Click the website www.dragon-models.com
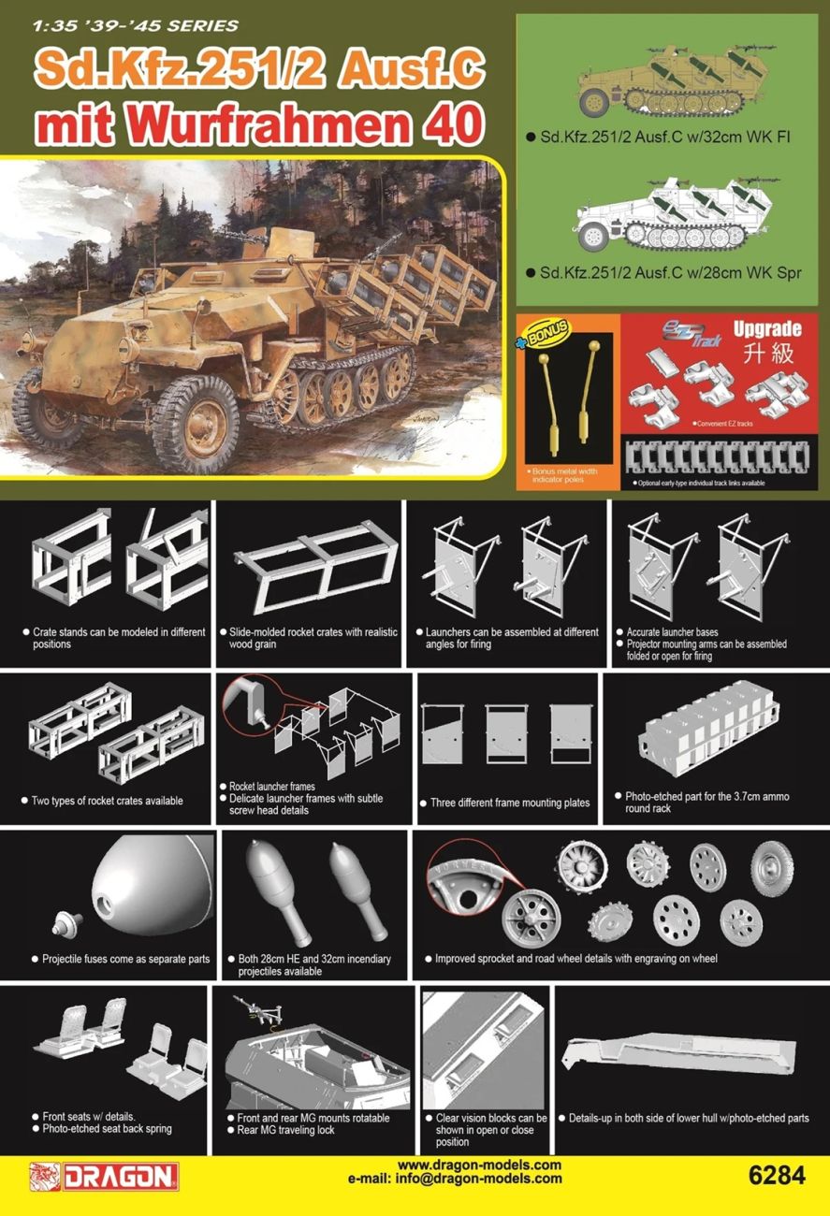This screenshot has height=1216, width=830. [x=479, y=1165]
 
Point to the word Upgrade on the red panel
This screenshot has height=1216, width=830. [x=766, y=329]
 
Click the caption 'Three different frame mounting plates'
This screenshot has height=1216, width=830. [x=510, y=803]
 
